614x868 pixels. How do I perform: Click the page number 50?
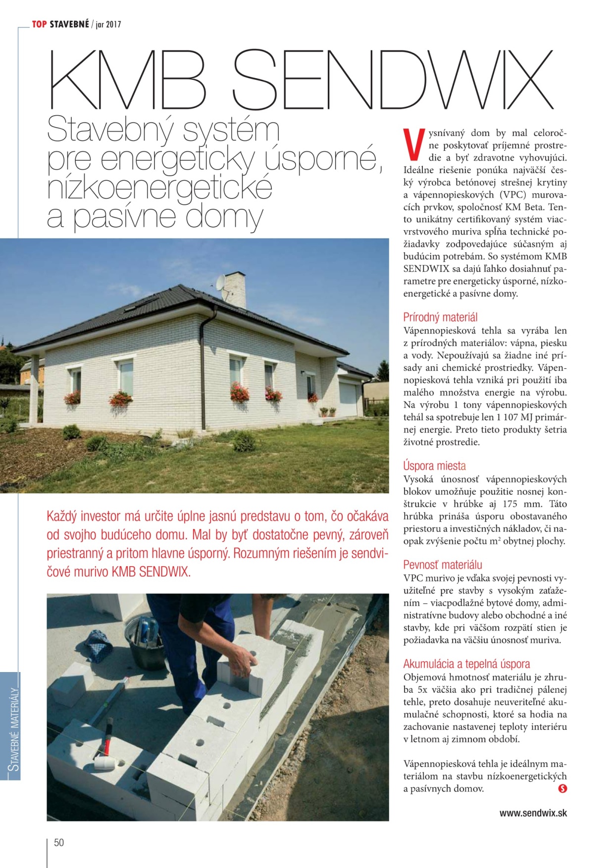pyautogui.click(x=59, y=842)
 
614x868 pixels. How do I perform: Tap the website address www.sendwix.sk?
pyautogui.click(x=533, y=813)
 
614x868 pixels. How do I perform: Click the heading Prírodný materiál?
pyautogui.click(x=440, y=317)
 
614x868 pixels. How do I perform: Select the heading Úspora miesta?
pyautogui.click(x=434, y=466)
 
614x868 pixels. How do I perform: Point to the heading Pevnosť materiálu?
pyautogui.click(x=442, y=565)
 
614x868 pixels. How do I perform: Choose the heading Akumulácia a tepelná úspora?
pyautogui.click(x=466, y=664)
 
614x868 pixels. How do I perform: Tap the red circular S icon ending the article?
pyautogui.click(x=562, y=788)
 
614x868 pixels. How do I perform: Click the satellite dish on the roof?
pyautogui.click(x=221, y=283)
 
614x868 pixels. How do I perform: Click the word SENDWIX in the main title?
pyautogui.click(x=392, y=80)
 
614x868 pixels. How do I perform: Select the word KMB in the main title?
pyautogui.click(x=128, y=80)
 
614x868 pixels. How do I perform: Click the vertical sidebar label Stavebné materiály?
pyautogui.click(x=14, y=727)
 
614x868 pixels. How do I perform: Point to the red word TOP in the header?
pyautogui.click(x=39, y=24)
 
